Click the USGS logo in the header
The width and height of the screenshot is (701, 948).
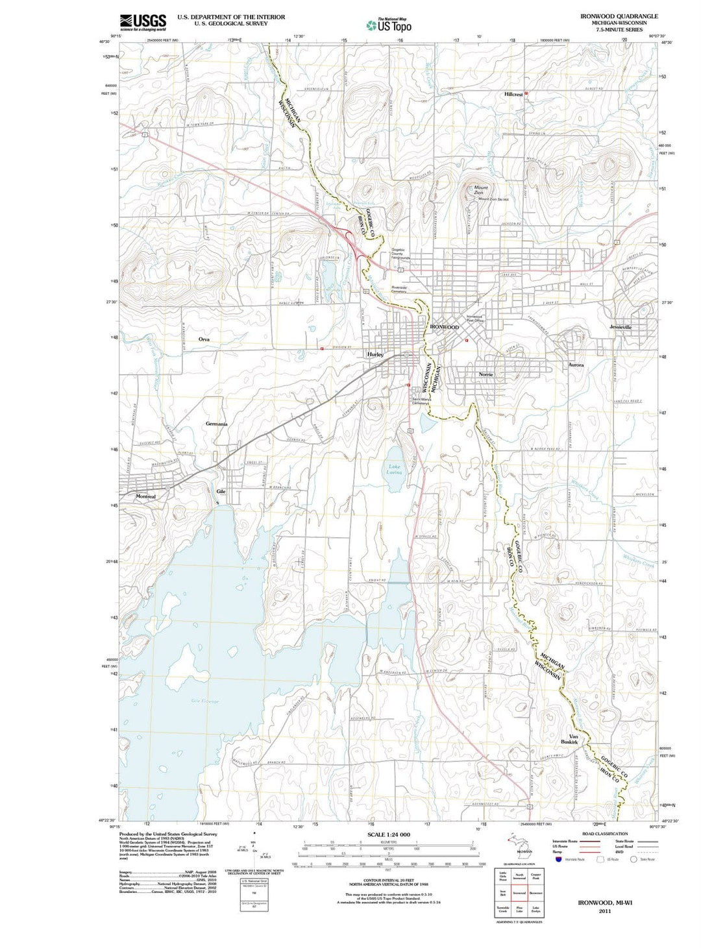[143, 23]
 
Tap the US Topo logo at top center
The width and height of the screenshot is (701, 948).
[389, 25]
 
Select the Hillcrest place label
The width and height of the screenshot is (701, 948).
[513, 94]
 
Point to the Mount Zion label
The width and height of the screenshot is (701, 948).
[478, 190]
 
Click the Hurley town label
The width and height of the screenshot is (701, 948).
[375, 355]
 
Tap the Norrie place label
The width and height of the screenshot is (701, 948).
[486, 374]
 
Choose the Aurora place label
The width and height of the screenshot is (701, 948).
[576, 365]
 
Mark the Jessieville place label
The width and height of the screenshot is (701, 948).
[621, 327]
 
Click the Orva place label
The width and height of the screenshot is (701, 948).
[204, 339]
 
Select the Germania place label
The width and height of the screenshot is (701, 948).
[216, 424]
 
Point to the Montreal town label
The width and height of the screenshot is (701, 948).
[145, 496]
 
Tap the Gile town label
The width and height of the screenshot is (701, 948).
[220, 491]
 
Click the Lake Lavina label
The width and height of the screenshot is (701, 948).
[395, 470]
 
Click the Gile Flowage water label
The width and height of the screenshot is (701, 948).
[205, 701]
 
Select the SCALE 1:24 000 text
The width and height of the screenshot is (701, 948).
[389, 834]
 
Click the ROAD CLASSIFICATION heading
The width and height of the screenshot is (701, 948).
[605, 834]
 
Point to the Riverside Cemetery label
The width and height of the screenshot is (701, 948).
[399, 289]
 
